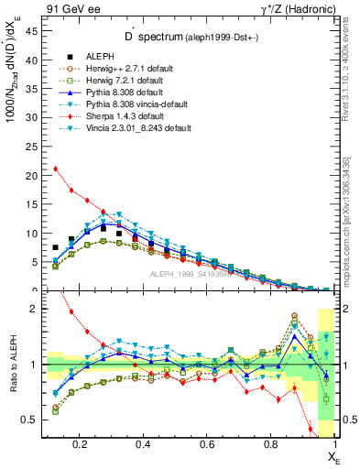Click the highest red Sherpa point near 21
click(56, 169)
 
